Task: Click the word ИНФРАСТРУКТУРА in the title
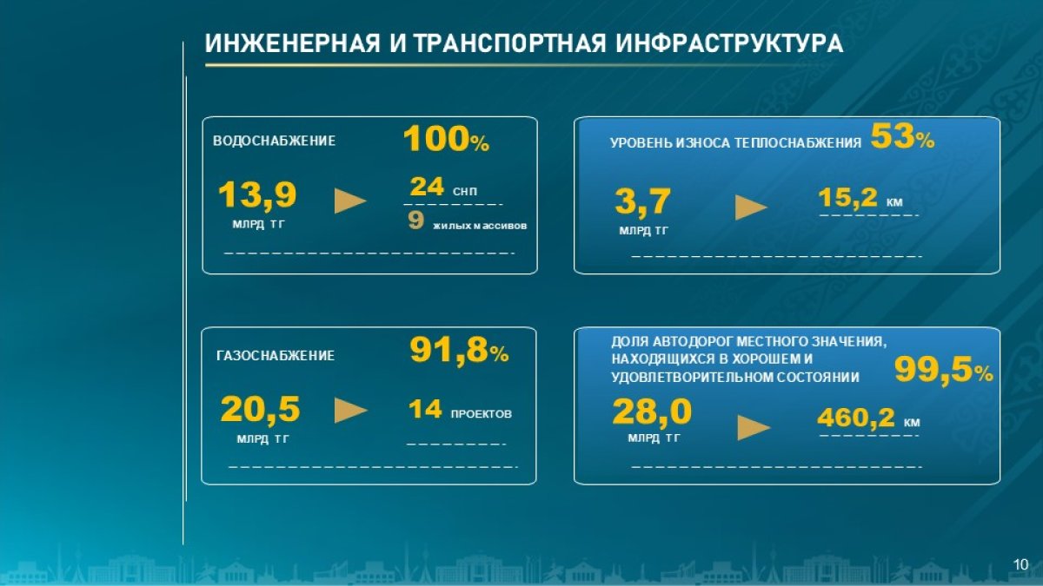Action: point(729,43)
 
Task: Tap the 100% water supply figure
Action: point(446,139)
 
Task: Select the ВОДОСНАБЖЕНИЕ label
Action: point(274,141)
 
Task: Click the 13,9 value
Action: point(257,194)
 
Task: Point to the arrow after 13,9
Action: point(350,201)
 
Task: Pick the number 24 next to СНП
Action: point(427,187)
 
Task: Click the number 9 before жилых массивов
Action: point(415,220)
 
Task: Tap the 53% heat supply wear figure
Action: point(902,136)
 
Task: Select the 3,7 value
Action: point(642,201)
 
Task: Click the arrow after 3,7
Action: point(751,207)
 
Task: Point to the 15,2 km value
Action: point(860,198)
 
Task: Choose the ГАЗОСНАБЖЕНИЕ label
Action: point(276,356)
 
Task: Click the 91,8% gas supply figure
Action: point(459,351)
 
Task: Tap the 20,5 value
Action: point(260,410)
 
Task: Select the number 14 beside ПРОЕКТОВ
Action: point(425,410)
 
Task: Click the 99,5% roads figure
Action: point(943,371)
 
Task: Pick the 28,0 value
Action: point(652,412)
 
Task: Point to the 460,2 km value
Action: point(868,418)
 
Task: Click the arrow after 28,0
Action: point(754,428)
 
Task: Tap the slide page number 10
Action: point(1020,564)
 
